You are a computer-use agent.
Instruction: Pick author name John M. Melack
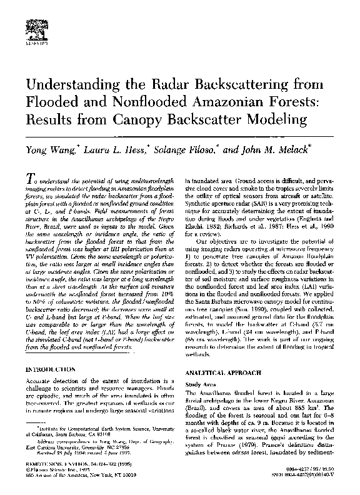(272, 151)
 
